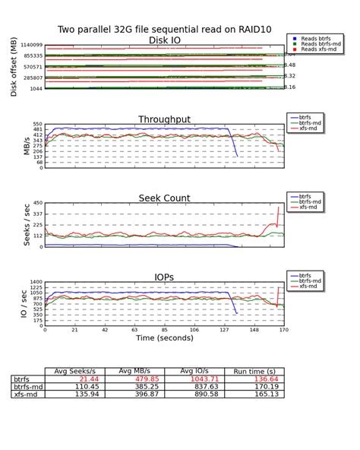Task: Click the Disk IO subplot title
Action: [169, 40]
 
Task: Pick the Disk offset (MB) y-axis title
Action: [14, 68]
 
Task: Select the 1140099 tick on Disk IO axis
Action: [26, 46]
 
